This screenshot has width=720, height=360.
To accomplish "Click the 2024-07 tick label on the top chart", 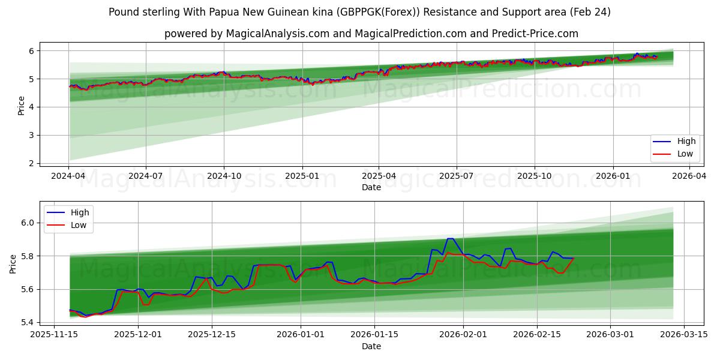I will click(x=146, y=176).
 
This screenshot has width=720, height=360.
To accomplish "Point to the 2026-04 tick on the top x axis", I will click(x=689, y=176).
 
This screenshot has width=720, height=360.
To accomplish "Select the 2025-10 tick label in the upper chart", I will click(x=534, y=176).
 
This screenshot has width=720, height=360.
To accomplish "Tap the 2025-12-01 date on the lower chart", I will click(x=138, y=335).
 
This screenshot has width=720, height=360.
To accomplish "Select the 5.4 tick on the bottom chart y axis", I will click(x=27, y=323).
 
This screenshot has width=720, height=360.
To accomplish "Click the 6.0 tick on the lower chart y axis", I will click(x=27, y=223).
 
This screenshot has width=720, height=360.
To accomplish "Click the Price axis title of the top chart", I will click(x=22, y=105).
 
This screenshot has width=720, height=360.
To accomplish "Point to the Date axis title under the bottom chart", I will click(x=371, y=346).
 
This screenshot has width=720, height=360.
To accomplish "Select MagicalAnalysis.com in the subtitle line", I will click(x=277, y=34).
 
